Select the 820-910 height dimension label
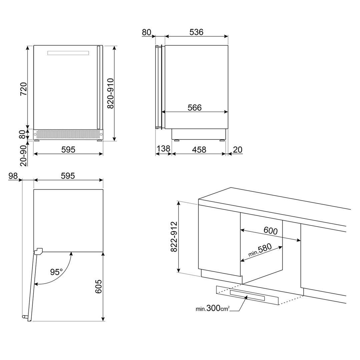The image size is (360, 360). pyautogui.click(x=110, y=93)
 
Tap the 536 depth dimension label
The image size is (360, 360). pyautogui.click(x=196, y=32)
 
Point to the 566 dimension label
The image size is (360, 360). pyautogui.click(x=195, y=107)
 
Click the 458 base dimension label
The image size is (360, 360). pyautogui.click(x=199, y=149)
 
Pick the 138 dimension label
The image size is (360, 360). pyautogui.click(x=163, y=148)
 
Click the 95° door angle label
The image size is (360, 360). pyautogui.click(x=56, y=272)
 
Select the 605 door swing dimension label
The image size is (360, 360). pyautogui.click(x=98, y=286)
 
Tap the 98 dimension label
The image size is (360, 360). pyautogui.click(x=13, y=176)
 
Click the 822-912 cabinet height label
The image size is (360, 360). pyautogui.click(x=174, y=237)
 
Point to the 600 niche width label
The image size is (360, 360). pyautogui.click(x=271, y=230)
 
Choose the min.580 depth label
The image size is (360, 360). pyautogui.click(x=260, y=250)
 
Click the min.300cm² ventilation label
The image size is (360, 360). pyautogui.click(x=213, y=308)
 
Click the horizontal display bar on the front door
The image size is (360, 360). pyautogui.click(x=68, y=53)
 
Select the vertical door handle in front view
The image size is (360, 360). pyautogui.click(x=98, y=87)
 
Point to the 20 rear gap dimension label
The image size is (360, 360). pyautogui.click(x=238, y=149)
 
